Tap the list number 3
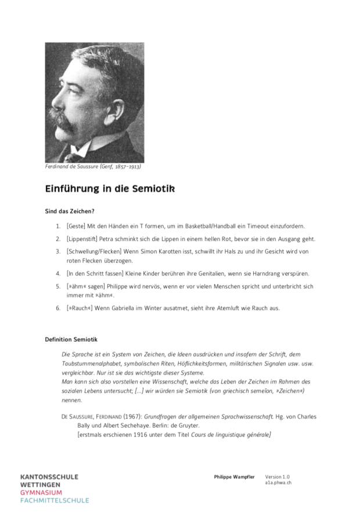[x=58, y=252]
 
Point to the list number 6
[x=58, y=307]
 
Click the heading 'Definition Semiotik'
[x=71, y=339]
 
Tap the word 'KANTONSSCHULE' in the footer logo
[x=49, y=477]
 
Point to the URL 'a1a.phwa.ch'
[x=278, y=482]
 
